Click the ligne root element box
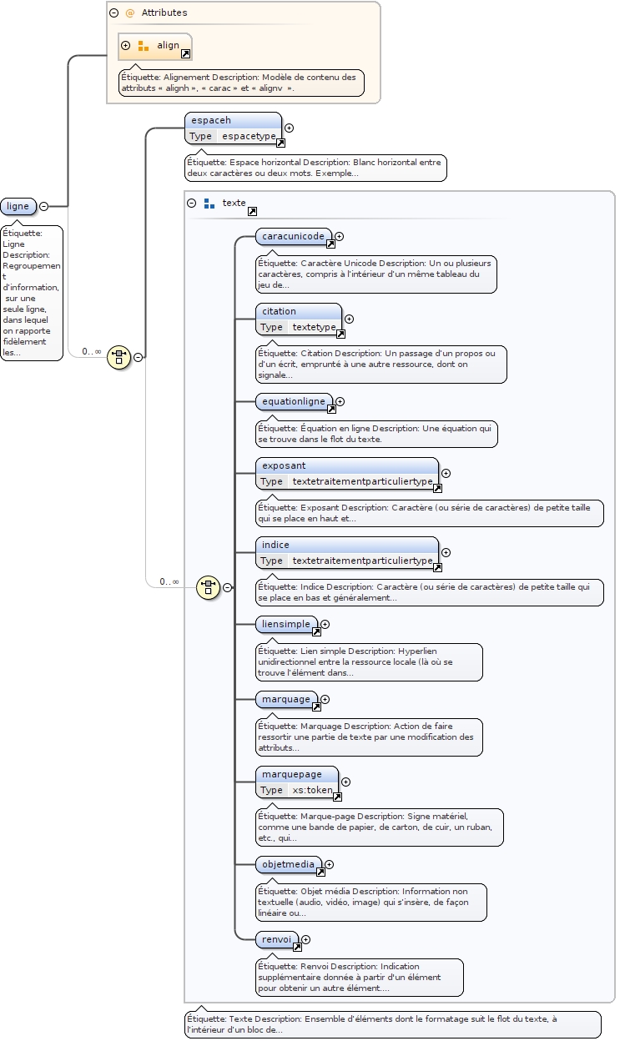18,206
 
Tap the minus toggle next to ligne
43,206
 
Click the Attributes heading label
164,13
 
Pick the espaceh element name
211,120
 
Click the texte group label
234,203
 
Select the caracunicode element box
293,237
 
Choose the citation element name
279,311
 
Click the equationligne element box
294,402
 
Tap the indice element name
275,545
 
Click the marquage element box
286,699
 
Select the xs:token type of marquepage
312,790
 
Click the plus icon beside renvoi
306,939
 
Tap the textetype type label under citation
312,327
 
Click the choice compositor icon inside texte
208,587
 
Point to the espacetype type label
249,136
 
